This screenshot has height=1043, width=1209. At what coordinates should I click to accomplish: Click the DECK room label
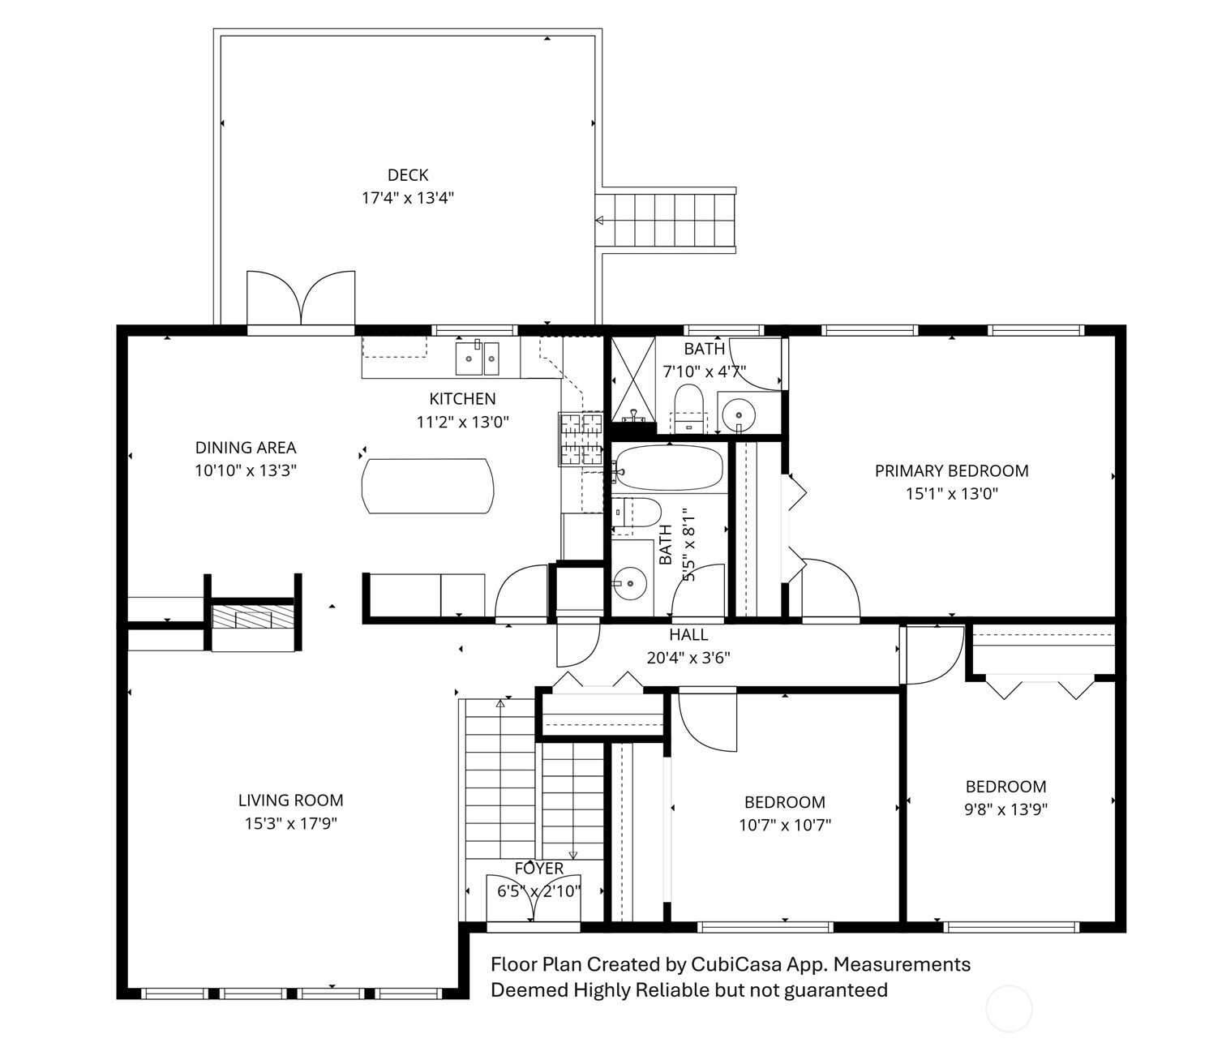pyautogui.click(x=408, y=175)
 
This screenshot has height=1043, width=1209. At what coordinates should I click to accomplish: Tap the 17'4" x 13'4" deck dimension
pyautogui.click(x=408, y=198)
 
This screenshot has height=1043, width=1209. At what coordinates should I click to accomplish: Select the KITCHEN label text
pyautogui.click(x=462, y=399)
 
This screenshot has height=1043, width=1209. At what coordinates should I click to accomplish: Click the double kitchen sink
pyautogui.click(x=478, y=358)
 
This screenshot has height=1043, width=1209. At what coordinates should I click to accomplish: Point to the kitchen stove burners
pyautogui.click(x=581, y=439)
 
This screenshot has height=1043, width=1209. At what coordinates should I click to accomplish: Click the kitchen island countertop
pyautogui.click(x=427, y=486)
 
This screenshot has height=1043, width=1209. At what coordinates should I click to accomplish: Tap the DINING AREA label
pyautogui.click(x=246, y=448)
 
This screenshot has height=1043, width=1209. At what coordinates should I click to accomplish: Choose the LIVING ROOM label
pyautogui.click(x=291, y=800)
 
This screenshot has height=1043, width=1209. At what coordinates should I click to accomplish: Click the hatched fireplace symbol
pyautogui.click(x=252, y=616)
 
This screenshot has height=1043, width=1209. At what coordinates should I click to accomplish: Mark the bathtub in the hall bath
pyautogui.click(x=668, y=468)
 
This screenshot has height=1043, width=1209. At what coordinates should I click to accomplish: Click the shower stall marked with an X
pyautogui.click(x=633, y=379)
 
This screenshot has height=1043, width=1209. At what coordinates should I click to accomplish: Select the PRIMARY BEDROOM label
pyautogui.click(x=952, y=471)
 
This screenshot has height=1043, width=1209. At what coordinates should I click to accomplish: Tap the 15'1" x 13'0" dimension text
pyautogui.click(x=952, y=494)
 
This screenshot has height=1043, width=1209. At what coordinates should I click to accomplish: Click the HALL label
pyautogui.click(x=688, y=635)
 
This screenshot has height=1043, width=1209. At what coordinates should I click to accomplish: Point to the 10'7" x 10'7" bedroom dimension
pyautogui.click(x=785, y=825)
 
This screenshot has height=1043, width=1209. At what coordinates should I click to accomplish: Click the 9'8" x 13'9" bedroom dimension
pyautogui.click(x=1006, y=809)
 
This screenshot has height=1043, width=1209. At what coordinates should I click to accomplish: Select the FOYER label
pyautogui.click(x=539, y=869)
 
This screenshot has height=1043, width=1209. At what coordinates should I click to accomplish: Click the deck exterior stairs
pyautogui.click(x=666, y=221)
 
